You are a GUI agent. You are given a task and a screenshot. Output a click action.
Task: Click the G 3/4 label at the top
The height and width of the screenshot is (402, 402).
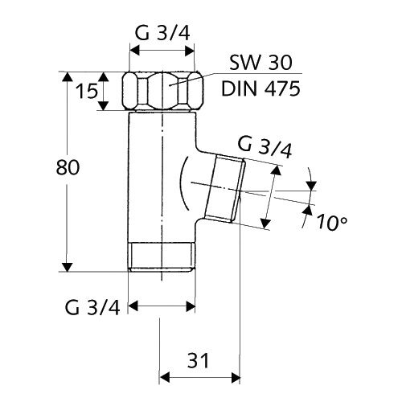[162, 34]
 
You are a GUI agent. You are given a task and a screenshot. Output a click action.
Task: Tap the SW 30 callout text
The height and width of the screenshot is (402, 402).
[260, 63]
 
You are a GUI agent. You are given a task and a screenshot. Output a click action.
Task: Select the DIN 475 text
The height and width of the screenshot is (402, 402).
[260, 88]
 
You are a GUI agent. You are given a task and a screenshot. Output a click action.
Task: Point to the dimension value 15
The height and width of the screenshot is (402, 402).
[86, 91]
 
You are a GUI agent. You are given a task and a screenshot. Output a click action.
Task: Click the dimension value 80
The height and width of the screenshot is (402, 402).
[68, 167]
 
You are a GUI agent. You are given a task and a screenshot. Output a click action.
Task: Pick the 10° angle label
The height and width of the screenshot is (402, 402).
[331, 223]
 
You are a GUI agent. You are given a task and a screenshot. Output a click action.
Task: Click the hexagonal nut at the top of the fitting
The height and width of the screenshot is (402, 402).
[162, 91]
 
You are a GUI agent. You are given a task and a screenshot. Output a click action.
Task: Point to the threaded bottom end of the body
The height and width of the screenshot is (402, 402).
[162, 257]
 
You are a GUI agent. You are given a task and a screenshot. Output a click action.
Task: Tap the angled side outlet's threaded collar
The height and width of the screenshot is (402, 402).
[225, 189]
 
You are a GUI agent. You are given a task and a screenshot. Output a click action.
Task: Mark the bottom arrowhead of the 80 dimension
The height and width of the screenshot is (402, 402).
[68, 267]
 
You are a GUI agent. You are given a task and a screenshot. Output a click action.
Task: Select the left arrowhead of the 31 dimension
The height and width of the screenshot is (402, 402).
[165, 377]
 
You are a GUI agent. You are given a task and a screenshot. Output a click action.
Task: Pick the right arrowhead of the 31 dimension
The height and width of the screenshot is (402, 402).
[236, 377]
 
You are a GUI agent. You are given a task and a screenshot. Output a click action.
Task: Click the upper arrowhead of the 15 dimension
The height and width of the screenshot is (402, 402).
[103, 76]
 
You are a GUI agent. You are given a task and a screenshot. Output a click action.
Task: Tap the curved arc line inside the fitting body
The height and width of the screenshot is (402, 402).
[184, 183]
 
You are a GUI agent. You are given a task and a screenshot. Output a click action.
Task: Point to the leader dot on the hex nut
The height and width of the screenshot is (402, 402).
[170, 85]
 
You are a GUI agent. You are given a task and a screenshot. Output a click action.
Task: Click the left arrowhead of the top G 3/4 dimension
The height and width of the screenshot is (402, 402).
[134, 51]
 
